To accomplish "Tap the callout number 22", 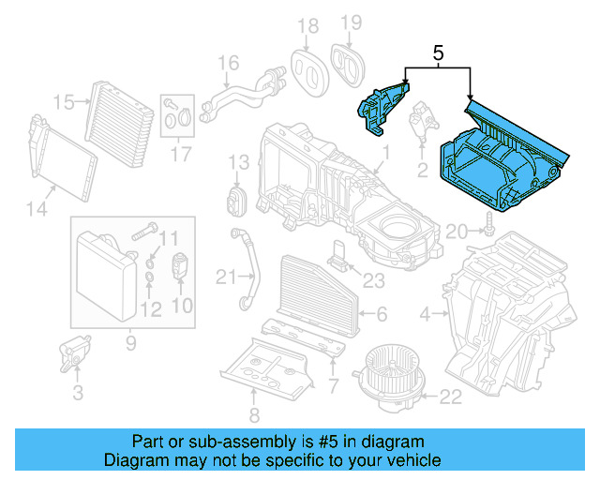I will click(451, 397).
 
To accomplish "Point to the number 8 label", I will click(254, 415).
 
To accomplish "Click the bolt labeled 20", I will click(488, 222).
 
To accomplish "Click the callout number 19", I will click(350, 22).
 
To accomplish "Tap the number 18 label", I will click(307, 24).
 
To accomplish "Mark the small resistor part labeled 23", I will click(337, 253).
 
